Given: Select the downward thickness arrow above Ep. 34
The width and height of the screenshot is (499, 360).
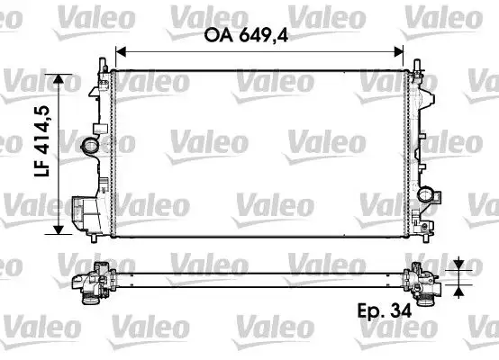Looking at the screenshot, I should [x=459, y=264].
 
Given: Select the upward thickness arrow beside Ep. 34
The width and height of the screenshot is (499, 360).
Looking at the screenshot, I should [x=459, y=290].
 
